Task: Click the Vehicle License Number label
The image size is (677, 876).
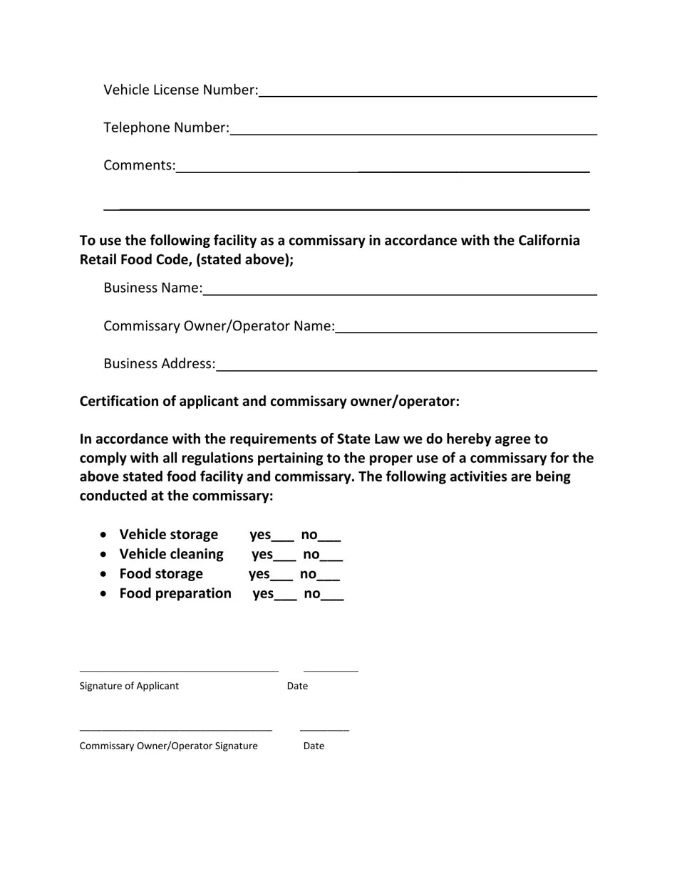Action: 180,90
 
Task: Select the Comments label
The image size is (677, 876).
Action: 139,165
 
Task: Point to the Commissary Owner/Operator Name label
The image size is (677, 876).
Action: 219,326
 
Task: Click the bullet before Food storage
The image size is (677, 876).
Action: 105,574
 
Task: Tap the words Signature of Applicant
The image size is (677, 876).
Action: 129,686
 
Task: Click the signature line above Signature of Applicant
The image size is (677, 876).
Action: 178,670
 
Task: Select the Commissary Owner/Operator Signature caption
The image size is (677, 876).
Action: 168,746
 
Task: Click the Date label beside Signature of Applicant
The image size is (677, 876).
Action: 297,686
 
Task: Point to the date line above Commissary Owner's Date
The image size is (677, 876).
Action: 324,730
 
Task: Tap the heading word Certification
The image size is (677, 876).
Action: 120,402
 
